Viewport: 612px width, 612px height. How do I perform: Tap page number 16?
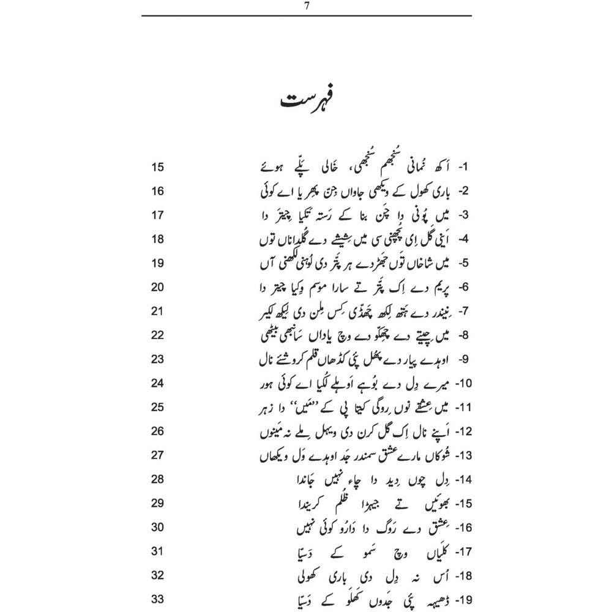click(157, 192)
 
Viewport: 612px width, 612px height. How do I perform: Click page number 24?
click(157, 384)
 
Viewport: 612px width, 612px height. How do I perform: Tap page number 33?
click(157, 599)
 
